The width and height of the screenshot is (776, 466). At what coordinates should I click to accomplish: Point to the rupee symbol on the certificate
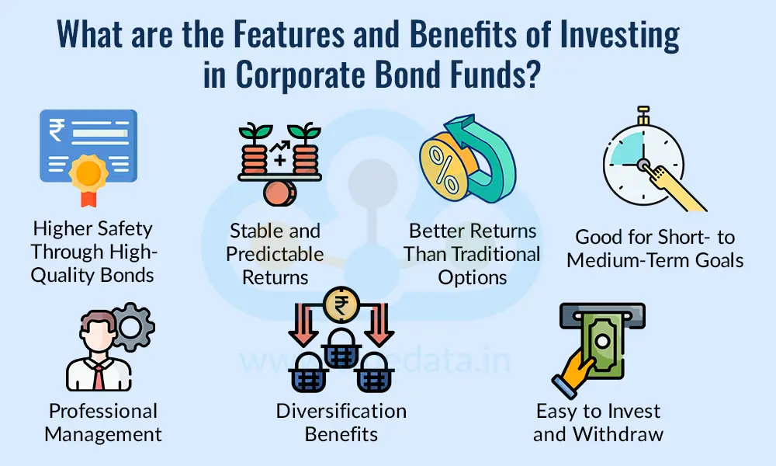point(57,131)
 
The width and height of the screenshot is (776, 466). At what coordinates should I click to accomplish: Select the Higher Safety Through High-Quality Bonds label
point(92,252)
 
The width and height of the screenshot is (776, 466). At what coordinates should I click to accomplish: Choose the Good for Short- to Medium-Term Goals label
point(655,249)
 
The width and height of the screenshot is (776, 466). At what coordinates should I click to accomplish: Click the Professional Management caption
point(103,422)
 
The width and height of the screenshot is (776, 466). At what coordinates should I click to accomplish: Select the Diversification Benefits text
point(341,422)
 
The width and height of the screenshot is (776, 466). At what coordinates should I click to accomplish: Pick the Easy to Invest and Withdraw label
point(598,422)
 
